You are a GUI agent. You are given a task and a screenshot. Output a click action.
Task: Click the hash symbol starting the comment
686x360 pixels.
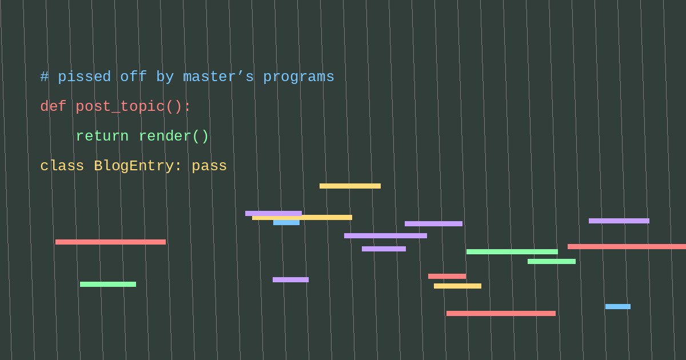[x=45, y=77]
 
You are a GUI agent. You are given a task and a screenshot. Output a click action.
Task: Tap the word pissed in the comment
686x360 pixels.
[x=84, y=77]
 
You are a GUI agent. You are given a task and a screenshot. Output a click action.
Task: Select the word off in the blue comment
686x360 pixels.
[x=133, y=76]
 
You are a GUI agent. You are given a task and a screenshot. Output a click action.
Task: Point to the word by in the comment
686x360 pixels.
[x=165, y=77]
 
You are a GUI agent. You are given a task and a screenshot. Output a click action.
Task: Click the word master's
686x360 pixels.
[x=218, y=77]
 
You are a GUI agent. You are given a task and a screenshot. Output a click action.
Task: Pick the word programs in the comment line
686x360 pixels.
[x=298, y=77]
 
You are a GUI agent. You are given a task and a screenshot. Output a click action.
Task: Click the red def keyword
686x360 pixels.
[x=53, y=106]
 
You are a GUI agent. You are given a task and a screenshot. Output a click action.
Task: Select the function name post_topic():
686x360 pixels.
[x=133, y=106]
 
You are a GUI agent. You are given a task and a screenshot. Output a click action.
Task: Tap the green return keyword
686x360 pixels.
[x=102, y=136]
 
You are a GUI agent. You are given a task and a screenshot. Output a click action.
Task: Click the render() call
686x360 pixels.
[x=174, y=136]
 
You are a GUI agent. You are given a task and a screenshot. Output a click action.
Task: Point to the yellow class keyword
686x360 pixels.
[x=62, y=166]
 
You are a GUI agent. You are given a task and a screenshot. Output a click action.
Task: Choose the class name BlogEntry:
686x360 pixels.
[x=138, y=166]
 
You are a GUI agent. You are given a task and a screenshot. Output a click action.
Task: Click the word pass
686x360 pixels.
[x=209, y=166]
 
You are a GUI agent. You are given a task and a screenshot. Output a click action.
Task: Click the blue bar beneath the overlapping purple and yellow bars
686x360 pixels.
[x=286, y=223]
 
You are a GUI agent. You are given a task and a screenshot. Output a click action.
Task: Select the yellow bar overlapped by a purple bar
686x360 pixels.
[x=302, y=218]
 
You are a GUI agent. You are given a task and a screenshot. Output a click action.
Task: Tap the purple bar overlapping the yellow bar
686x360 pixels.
[x=273, y=213]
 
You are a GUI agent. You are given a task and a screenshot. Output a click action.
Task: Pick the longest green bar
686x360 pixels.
[x=512, y=251]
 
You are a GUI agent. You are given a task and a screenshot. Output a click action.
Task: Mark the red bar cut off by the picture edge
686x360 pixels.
[x=627, y=246]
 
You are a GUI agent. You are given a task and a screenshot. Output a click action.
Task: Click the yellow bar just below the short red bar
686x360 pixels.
[x=457, y=286]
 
